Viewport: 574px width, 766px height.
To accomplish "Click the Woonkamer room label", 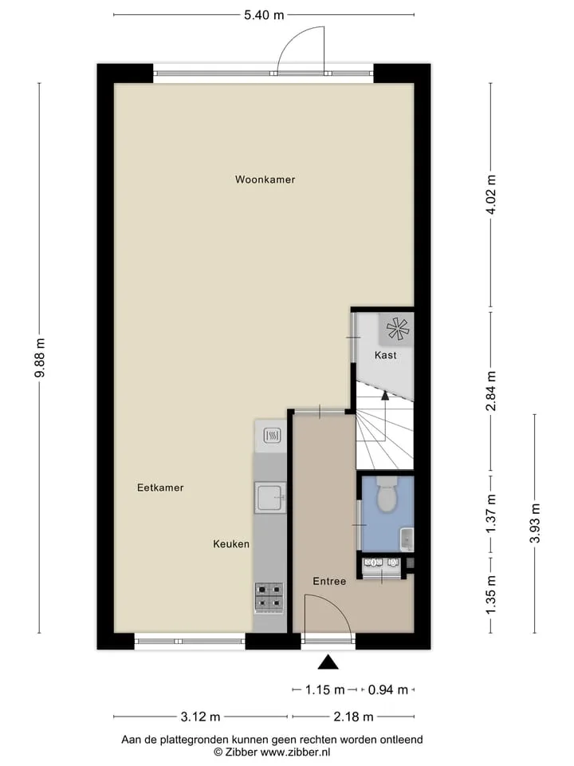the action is coord(265,180).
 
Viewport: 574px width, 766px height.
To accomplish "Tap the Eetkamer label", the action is coord(160,488).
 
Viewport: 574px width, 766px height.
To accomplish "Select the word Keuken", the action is coord(231,543).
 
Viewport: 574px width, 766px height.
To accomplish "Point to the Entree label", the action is coord(329,582).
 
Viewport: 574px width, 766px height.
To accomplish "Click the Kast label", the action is coord(386,355).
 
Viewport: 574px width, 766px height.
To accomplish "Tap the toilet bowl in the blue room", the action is coord(387,495).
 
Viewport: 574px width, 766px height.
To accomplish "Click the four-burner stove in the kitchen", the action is coord(269,598).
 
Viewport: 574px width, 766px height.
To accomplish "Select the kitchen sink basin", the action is coord(270,497).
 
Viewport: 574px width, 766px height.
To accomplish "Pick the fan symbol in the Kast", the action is coord(397,329).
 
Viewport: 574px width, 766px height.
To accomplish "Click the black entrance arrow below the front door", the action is coord(328,662).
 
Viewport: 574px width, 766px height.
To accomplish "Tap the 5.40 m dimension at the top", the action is coord(264,15).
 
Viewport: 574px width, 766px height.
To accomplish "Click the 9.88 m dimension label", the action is coord(40,357).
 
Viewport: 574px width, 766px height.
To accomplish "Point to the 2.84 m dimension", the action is coord(491,391).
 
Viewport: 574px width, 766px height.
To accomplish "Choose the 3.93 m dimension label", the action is coord(535,523).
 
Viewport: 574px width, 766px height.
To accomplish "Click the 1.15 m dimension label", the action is coord(325,689).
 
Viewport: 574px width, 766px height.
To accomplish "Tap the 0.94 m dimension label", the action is coord(388,689).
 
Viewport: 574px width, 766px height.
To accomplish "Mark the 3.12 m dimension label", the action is coord(201,717).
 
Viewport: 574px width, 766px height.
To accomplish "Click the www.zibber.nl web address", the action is coord(295,752).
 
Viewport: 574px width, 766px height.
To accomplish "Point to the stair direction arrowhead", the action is coord(385,396).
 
